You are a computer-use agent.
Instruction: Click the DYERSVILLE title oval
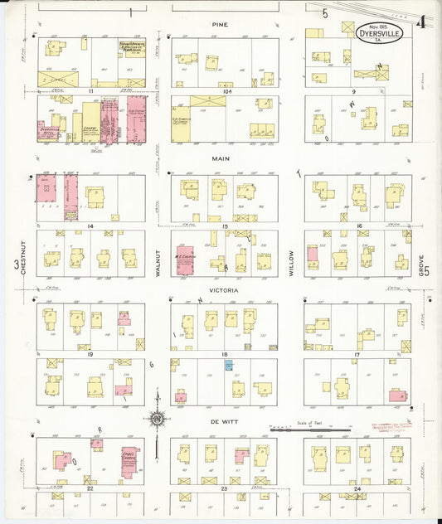[377, 34]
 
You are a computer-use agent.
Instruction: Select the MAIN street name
[221, 158]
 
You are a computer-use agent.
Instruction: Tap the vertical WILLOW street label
[291, 264]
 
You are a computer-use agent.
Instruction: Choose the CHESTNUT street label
[16, 264]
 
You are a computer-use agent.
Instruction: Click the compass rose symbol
[156, 419]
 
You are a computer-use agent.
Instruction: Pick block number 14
[90, 226]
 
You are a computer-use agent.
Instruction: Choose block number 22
[90, 490]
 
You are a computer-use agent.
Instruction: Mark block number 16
[358, 226]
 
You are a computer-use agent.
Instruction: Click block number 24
[357, 490]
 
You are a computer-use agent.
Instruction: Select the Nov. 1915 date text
[376, 22]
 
